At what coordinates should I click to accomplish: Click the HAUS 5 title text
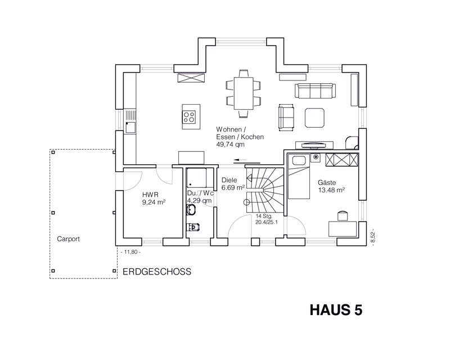[336, 310]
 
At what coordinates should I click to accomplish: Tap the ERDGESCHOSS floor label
[157, 272]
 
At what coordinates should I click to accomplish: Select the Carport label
[68, 239]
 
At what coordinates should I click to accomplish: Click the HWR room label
[150, 195]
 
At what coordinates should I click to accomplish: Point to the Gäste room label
[327, 183]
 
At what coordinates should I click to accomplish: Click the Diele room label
[229, 181]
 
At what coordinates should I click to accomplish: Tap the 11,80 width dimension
[130, 252]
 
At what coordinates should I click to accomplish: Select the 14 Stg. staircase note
[264, 216]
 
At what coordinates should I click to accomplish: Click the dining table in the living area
[244, 93]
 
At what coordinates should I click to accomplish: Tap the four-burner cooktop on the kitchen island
[190, 117]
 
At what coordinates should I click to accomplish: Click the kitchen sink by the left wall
[130, 127]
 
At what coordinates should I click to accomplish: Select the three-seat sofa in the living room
[316, 91]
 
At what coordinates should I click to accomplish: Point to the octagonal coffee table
[315, 118]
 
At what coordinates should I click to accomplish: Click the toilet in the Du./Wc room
[193, 227]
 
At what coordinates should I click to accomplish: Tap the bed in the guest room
[299, 177]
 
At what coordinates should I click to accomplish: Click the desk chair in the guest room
[343, 216]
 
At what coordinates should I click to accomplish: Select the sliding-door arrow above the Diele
[240, 160]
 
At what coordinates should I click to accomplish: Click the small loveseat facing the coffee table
[286, 118]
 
